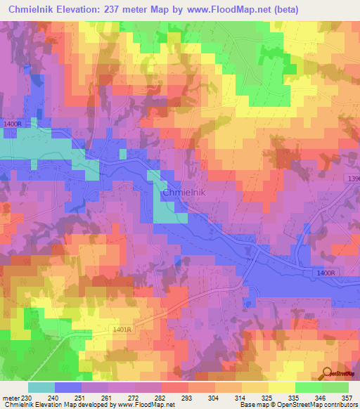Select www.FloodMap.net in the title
pos(231,9)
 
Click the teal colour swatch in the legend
pos(41,387)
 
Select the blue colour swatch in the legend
pos(68,387)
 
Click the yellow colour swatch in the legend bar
pos(282,387)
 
